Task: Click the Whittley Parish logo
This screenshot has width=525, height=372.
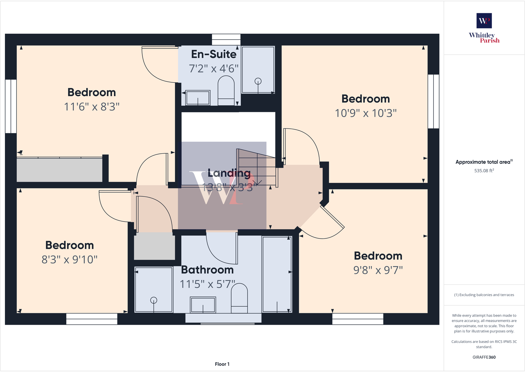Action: click(484, 28)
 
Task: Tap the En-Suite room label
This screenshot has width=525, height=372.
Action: click(214, 54)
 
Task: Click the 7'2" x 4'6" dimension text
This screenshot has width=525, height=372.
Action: click(214, 69)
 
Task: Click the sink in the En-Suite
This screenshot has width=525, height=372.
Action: click(198, 98)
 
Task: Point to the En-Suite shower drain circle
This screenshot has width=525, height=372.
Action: click(258, 81)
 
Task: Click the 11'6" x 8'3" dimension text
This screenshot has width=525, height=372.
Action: click(91, 107)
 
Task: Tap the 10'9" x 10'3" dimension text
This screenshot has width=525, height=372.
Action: click(366, 113)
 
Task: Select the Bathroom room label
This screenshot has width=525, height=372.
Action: click(207, 270)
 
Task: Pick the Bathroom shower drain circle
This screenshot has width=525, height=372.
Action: click(154, 300)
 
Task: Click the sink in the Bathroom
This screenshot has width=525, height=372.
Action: click(203, 305)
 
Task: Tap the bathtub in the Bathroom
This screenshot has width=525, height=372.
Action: click(277, 274)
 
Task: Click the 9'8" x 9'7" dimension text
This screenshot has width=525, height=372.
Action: click(378, 270)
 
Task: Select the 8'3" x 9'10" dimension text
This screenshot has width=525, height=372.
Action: click(69, 260)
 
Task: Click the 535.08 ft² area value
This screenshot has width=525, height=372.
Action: click(484, 171)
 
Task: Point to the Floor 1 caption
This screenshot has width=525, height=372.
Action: click(222, 364)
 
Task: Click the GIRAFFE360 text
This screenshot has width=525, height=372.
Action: click(484, 357)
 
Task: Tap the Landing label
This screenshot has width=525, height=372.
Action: click(229, 173)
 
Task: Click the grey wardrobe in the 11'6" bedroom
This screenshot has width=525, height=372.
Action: click(59, 170)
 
